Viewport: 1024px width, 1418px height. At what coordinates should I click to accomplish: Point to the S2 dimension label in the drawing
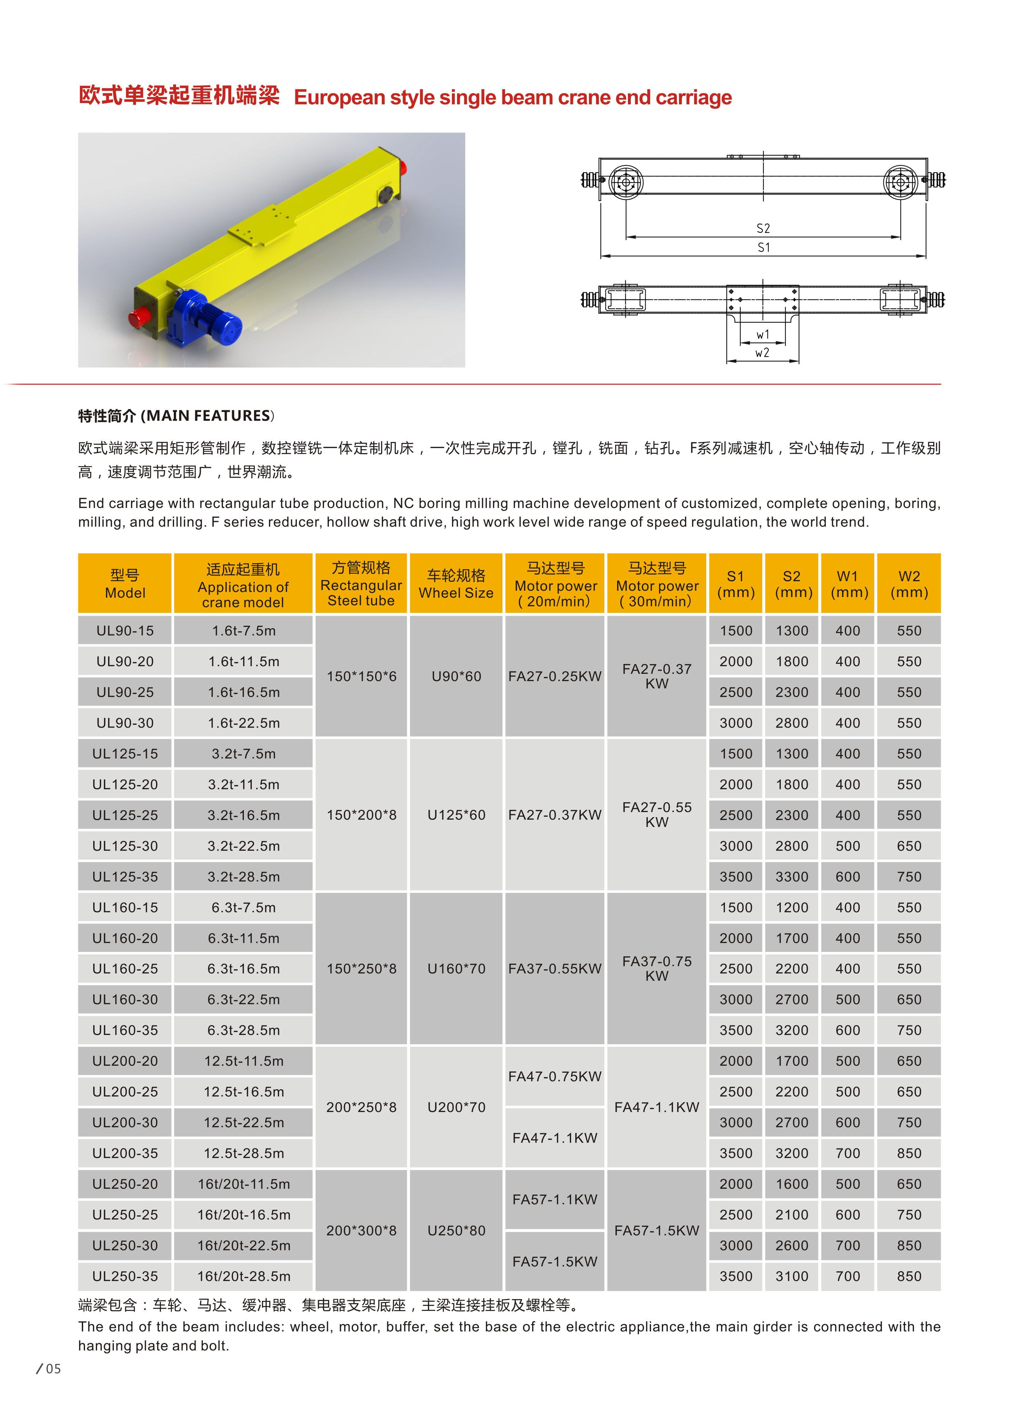(763, 228)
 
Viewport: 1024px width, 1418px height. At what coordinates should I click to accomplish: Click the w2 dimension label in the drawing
(762, 353)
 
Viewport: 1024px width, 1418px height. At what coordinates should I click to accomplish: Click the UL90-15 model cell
(125, 631)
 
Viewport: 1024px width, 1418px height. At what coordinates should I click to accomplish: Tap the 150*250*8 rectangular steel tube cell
(361, 968)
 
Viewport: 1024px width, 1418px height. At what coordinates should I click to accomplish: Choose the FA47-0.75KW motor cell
(555, 1076)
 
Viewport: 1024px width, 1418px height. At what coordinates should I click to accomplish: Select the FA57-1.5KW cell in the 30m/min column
(656, 1230)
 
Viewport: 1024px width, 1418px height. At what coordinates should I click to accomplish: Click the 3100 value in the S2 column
(792, 1276)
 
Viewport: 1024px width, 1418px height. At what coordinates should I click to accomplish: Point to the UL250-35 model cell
(125, 1276)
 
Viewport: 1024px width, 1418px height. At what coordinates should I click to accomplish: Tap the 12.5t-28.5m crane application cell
(244, 1153)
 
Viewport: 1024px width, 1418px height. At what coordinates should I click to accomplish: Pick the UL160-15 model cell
(125, 907)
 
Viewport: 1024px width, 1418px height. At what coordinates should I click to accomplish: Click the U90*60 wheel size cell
(456, 676)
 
